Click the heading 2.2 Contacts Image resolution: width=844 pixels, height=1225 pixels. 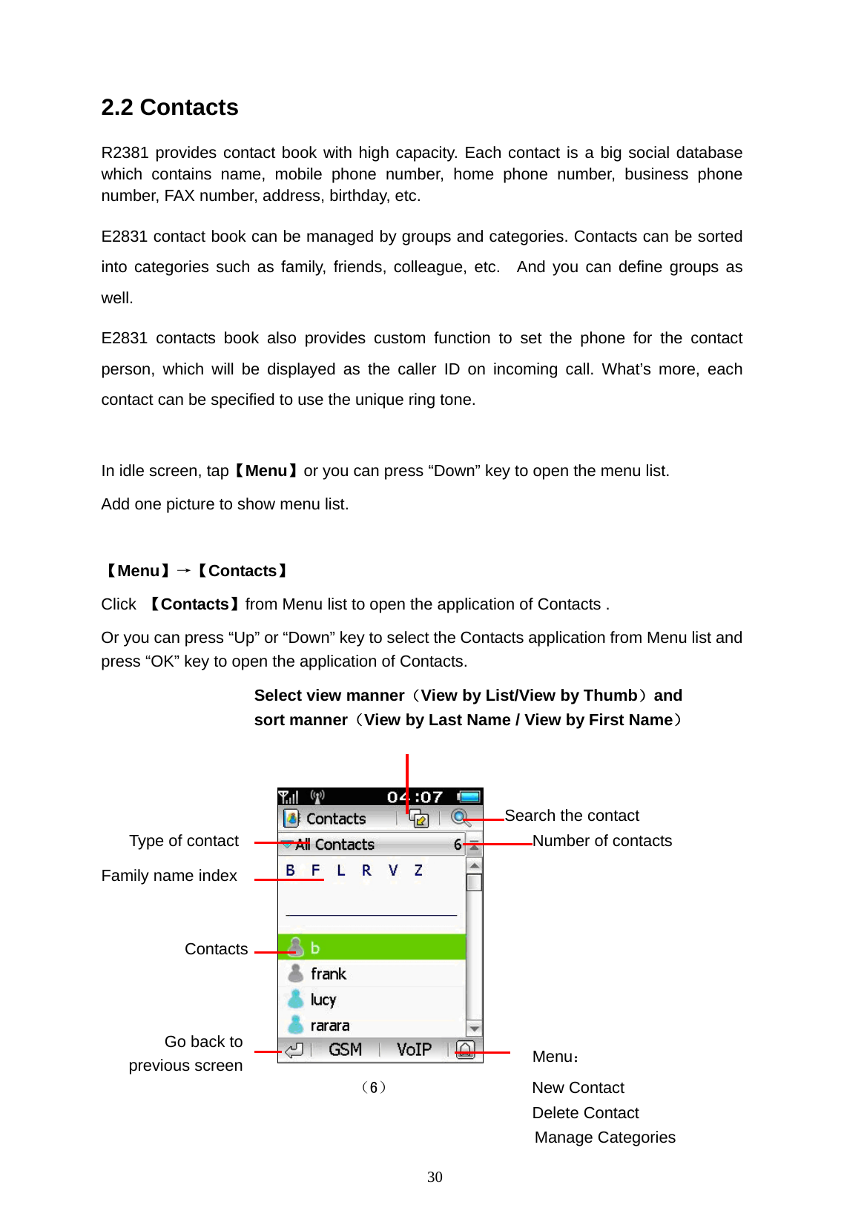170,108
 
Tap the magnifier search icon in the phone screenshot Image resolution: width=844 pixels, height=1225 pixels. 460,817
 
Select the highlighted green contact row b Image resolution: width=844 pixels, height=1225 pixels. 371,948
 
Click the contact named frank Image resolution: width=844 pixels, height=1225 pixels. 329,974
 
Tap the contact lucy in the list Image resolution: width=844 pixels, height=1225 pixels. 323,1000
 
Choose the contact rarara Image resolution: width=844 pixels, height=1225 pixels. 329,1026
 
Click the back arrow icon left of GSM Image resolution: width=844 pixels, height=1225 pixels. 294,1050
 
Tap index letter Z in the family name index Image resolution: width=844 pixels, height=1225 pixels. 418,871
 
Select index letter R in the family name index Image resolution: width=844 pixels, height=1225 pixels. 366,871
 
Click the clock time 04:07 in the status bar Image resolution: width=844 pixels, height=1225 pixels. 415,797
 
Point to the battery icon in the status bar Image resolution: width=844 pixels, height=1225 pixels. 469,797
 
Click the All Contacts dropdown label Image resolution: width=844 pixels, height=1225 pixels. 334,845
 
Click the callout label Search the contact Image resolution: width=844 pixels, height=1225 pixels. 572,816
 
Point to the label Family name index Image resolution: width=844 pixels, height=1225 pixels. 169,876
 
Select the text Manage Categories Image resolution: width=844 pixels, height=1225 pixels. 604,1137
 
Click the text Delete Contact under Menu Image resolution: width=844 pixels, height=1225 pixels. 585,1113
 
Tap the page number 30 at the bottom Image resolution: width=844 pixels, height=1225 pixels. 435,1178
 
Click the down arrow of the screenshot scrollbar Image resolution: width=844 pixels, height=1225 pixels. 474,1028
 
